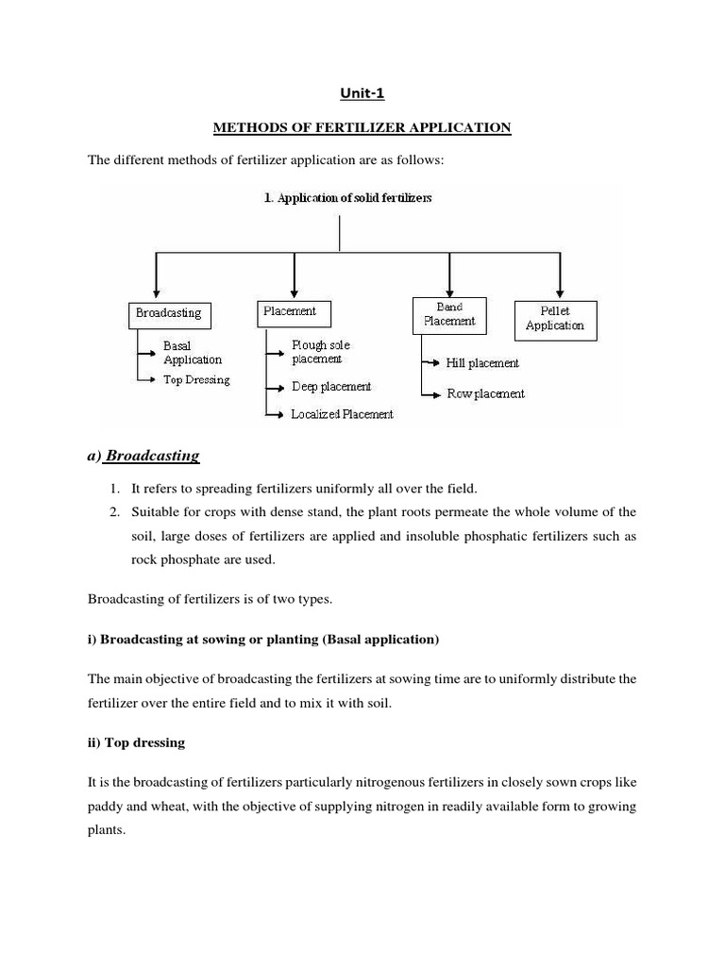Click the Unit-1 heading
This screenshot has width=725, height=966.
[x=362, y=92]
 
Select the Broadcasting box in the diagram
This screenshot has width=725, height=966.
[x=168, y=314]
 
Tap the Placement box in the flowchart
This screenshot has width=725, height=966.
[x=291, y=311]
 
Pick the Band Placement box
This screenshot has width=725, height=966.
[x=449, y=314]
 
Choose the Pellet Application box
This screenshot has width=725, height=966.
[x=555, y=318]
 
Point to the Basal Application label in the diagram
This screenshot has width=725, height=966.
[x=193, y=353]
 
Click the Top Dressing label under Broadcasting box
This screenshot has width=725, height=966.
[x=196, y=380]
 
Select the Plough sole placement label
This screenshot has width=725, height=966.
[x=322, y=352]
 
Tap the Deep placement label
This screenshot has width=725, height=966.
[x=330, y=387]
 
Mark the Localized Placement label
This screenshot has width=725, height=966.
[x=342, y=414]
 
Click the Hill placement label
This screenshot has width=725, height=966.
[x=481, y=363]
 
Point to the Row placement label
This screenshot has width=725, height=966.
[x=485, y=393]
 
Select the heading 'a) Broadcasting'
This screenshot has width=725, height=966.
[x=143, y=456]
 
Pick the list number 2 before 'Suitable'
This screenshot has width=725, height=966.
[x=112, y=512]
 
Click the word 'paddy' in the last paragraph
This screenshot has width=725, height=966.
[x=107, y=807]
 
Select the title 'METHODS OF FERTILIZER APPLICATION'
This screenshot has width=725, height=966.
[x=362, y=127]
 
